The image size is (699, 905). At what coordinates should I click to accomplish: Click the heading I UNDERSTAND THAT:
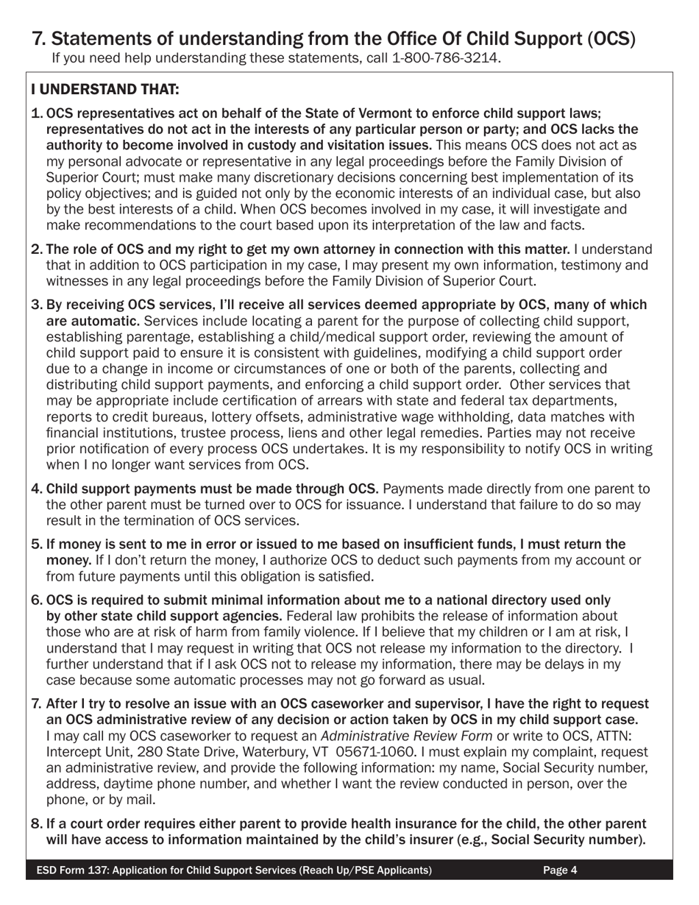pyautogui.click(x=104, y=90)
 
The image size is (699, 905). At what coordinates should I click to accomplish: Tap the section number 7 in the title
pyautogui.click(x=38, y=38)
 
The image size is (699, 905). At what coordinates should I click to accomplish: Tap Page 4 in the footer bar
pyautogui.click(x=560, y=870)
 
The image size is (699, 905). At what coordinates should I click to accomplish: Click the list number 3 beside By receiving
pyautogui.click(x=36, y=305)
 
